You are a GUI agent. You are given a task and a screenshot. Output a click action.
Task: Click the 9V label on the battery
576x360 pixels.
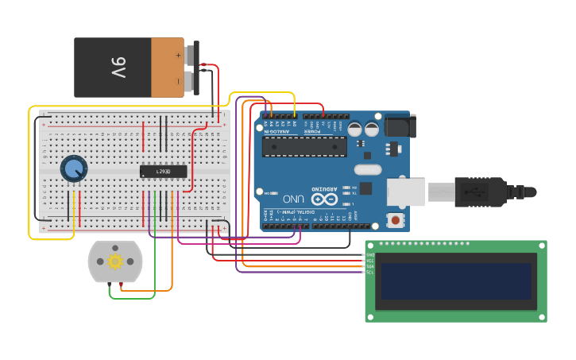pos(118,68)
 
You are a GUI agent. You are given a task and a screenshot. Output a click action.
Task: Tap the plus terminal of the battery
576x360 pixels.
pos(178,55)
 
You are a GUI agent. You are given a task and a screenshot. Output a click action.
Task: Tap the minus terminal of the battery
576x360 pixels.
pos(178,81)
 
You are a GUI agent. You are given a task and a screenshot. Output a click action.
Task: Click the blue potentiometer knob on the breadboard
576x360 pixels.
pos(74,168)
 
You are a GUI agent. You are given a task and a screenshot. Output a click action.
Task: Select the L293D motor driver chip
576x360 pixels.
pos(163,171)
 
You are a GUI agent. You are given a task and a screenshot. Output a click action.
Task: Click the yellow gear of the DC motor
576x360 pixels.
pos(115,261)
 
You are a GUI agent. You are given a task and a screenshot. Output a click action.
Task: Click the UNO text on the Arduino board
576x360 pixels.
pos(292,199)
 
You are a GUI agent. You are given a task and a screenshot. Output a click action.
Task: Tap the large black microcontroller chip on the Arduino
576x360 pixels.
pos(304,146)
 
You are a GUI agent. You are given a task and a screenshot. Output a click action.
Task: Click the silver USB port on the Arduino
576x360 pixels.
pos(405,192)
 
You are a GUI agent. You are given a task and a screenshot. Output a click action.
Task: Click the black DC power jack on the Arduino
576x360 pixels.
pos(399,126)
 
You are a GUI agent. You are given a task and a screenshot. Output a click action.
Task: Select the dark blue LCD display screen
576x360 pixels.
pos(455,281)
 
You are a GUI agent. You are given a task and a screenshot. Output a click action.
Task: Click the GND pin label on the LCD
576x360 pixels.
pos(369,254)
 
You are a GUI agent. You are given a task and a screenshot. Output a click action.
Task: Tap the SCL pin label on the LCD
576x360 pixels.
pos(369,273)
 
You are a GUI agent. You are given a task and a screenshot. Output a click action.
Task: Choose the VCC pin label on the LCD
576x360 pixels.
pos(369,261)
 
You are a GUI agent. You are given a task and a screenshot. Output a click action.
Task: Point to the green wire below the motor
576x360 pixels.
pos(132,299)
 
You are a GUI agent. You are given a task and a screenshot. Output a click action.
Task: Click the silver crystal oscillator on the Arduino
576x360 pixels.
pos(368,168)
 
